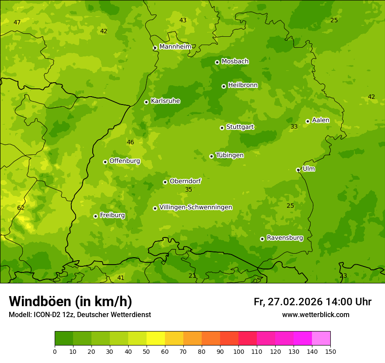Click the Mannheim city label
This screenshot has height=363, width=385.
[x=175, y=47]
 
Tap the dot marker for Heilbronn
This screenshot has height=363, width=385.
[x=224, y=86]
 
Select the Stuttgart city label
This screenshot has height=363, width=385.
[x=240, y=127]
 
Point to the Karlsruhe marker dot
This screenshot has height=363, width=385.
[x=146, y=102]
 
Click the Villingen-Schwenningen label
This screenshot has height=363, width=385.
[x=196, y=207]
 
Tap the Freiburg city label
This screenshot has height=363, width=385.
[x=112, y=215]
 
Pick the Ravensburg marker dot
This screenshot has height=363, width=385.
[x=262, y=239]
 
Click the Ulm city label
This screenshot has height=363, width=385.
[x=308, y=169]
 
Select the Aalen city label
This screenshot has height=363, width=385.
[x=321, y=120]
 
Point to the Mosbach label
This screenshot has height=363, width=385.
[x=235, y=62]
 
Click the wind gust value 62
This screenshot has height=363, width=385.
[x=21, y=208]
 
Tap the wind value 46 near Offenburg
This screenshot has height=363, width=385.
[x=130, y=142]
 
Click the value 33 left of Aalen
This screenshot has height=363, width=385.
[x=294, y=126]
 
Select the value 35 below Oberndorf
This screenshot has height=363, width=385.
[x=189, y=189]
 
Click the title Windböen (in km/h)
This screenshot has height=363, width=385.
[x=70, y=301]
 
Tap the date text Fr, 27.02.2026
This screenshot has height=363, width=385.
[x=288, y=302]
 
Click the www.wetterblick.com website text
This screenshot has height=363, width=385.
[x=315, y=314]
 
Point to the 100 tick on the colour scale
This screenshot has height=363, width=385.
[x=238, y=351]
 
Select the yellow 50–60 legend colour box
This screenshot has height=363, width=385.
[x=156, y=339]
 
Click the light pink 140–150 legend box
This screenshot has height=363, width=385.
[x=321, y=339]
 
